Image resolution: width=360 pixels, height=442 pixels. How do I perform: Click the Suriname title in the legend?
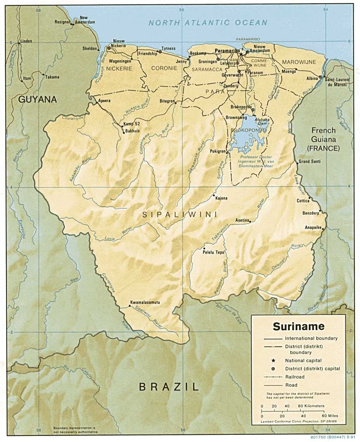(x=298, y=326)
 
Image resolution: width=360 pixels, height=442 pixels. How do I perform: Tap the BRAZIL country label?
(x=169, y=386)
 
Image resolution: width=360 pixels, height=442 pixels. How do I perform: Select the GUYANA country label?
(x=38, y=99)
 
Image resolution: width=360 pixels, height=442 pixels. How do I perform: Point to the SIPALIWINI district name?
(x=180, y=215)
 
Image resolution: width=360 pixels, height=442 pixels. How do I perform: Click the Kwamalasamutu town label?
(x=145, y=302)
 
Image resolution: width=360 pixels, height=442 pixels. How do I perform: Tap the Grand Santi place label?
(x=310, y=162)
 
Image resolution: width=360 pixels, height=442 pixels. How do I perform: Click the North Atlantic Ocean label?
(x=208, y=23)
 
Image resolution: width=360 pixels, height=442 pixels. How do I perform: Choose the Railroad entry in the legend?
(x=295, y=377)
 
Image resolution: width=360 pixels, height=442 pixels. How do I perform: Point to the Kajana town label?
(x=222, y=198)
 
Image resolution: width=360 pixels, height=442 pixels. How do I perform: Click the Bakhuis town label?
(x=132, y=131)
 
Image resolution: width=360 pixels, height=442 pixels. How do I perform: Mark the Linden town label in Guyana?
(x=26, y=41)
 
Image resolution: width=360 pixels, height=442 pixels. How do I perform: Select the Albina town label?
(x=312, y=78)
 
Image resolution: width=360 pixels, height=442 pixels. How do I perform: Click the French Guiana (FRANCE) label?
(x=323, y=139)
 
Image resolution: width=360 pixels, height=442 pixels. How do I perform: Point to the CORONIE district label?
(x=164, y=68)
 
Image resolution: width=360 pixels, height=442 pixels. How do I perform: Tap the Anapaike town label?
(x=313, y=227)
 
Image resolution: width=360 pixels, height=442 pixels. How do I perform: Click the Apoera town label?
(x=104, y=101)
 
